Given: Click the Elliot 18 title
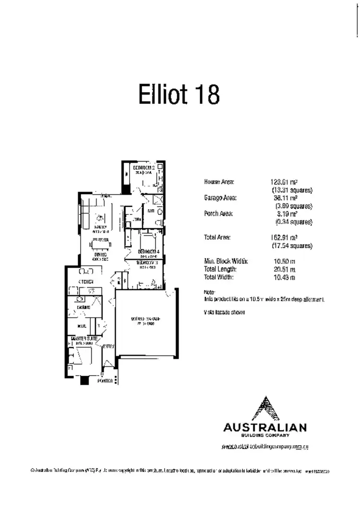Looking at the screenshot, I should coord(179,94).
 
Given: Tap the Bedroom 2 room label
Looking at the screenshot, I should coord(144,168).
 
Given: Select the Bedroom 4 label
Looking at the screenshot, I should coord(148,252).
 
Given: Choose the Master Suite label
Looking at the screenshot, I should coord(84,338).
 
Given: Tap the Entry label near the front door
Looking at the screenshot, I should coord(108,346).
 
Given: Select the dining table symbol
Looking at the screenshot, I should coord(100,243).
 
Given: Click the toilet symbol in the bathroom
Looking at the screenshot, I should coord(159,211).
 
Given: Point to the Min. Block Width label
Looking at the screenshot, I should coord(226,261).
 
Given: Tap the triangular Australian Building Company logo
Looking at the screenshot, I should coord(264,408).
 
